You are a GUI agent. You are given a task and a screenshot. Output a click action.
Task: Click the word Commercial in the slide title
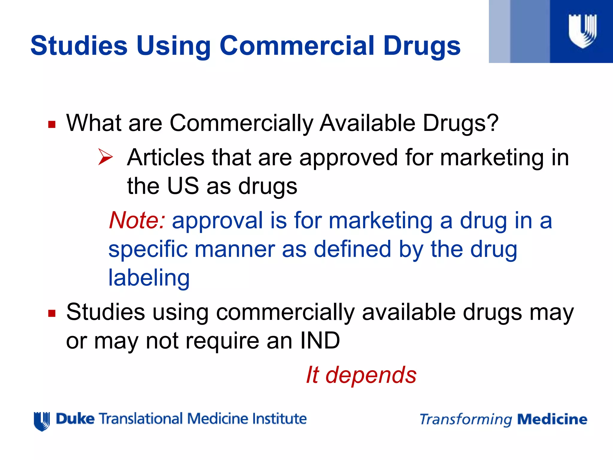pos(297,46)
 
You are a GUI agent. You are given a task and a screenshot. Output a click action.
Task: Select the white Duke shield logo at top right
pos(582,31)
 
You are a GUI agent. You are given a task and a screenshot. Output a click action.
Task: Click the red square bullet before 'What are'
pos(52,124)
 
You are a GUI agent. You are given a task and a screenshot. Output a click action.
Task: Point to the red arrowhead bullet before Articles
pos(105,158)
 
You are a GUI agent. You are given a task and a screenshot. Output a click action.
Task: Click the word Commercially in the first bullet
pos(241,123)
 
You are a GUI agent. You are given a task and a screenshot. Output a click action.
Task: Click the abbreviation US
pos(183,186)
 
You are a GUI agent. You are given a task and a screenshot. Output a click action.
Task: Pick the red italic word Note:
pos(137,220)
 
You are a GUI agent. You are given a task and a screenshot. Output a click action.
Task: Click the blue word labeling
pos(149,278)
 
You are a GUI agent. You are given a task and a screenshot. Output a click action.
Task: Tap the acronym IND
pos(320,341)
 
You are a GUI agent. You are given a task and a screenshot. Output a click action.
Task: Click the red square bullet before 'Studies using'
pos(52,314)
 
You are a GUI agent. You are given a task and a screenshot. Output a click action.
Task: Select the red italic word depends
pos(371,375)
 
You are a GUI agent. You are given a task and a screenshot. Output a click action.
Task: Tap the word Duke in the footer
pos(75,419)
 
